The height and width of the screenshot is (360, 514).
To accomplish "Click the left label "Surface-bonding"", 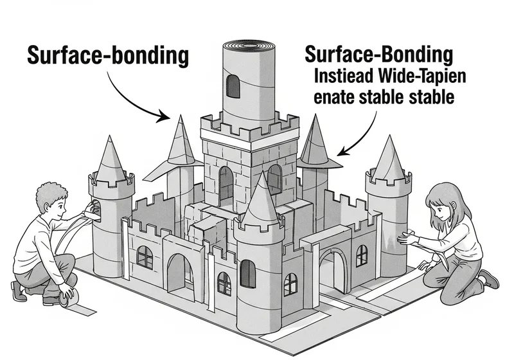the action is [x=108, y=56].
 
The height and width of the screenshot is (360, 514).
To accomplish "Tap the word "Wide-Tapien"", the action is [x=422, y=76].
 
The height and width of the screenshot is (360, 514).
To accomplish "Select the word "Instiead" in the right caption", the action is [x=344, y=76].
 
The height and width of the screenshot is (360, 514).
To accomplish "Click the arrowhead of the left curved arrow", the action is [x=164, y=116].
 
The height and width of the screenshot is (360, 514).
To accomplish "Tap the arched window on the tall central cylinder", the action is [x=233, y=86].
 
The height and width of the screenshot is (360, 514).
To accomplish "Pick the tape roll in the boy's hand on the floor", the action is [x=69, y=298].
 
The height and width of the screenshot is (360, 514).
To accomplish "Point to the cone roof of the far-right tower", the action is [x=389, y=159].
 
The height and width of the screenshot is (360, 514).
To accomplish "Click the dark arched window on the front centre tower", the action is [x=248, y=274].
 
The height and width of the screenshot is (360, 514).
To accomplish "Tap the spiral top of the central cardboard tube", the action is [x=249, y=46].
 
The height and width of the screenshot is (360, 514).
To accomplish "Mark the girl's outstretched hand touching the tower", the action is [x=407, y=238].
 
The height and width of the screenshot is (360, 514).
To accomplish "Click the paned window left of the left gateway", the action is [x=145, y=258].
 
